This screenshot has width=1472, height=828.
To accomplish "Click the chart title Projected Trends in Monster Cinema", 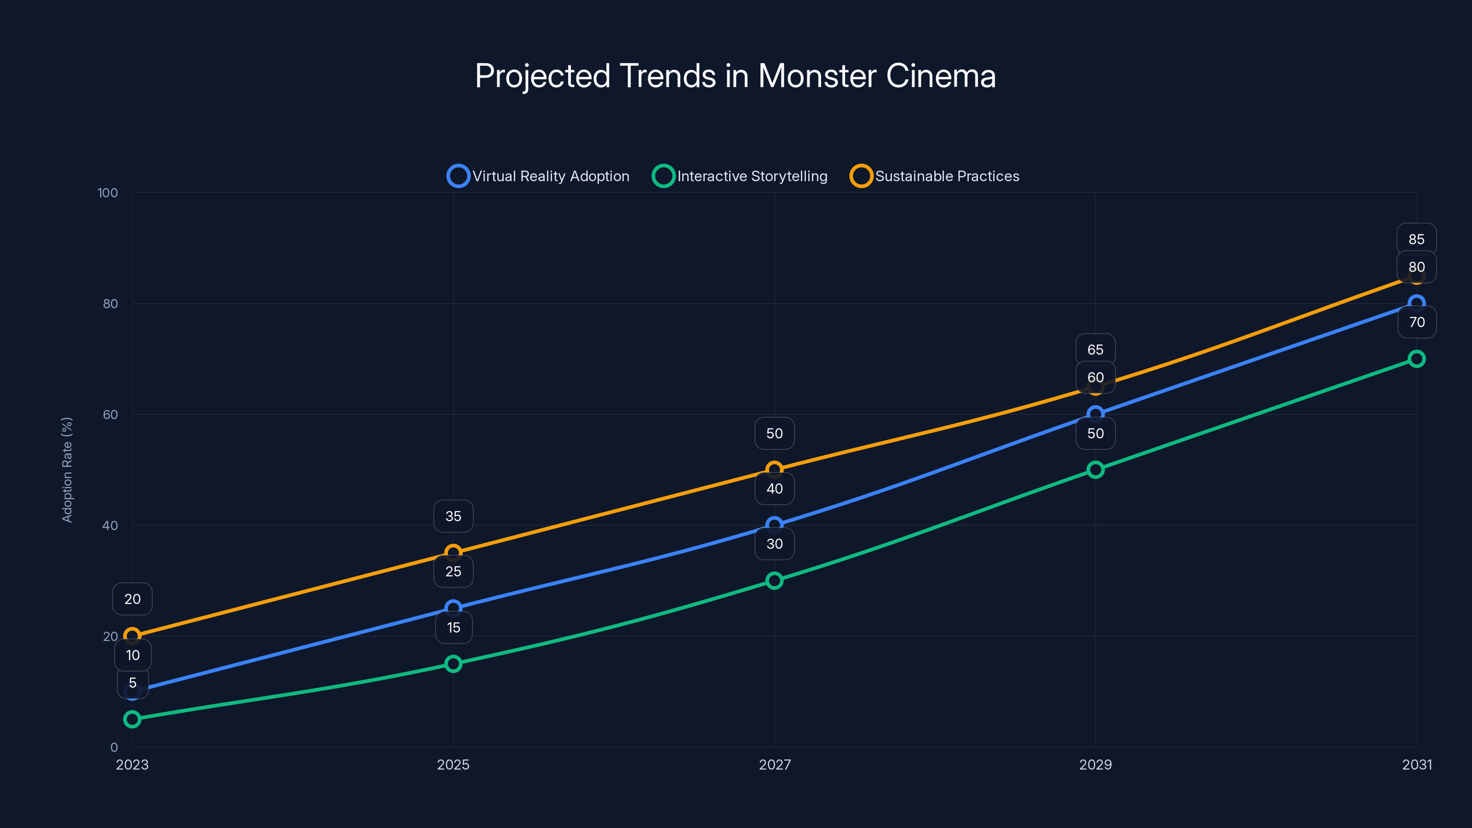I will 736,76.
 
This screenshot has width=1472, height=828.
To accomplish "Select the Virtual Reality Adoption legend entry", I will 538,176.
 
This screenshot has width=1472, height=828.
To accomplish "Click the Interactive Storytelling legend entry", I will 740,176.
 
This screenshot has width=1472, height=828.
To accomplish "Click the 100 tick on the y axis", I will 108,193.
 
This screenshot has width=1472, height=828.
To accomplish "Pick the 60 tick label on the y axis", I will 110,415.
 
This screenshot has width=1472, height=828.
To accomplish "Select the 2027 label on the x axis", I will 774,765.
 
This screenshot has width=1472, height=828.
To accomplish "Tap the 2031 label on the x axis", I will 1417,765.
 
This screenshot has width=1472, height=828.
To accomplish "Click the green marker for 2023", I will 132,719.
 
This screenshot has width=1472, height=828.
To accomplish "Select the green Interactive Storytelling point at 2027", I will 774,581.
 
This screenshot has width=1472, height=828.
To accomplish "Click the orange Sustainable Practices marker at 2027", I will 774,470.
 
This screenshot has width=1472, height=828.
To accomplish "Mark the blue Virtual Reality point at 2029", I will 1095,414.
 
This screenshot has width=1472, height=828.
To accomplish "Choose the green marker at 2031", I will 1417,359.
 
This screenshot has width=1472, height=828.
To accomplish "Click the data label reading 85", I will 1417,239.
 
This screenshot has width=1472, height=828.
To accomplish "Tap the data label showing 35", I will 453,517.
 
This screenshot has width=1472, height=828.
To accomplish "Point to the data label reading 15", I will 453,627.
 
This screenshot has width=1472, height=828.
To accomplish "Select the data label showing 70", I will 1417,322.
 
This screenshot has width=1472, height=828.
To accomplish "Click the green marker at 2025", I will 453,663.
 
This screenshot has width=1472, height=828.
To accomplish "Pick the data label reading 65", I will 1095,350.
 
